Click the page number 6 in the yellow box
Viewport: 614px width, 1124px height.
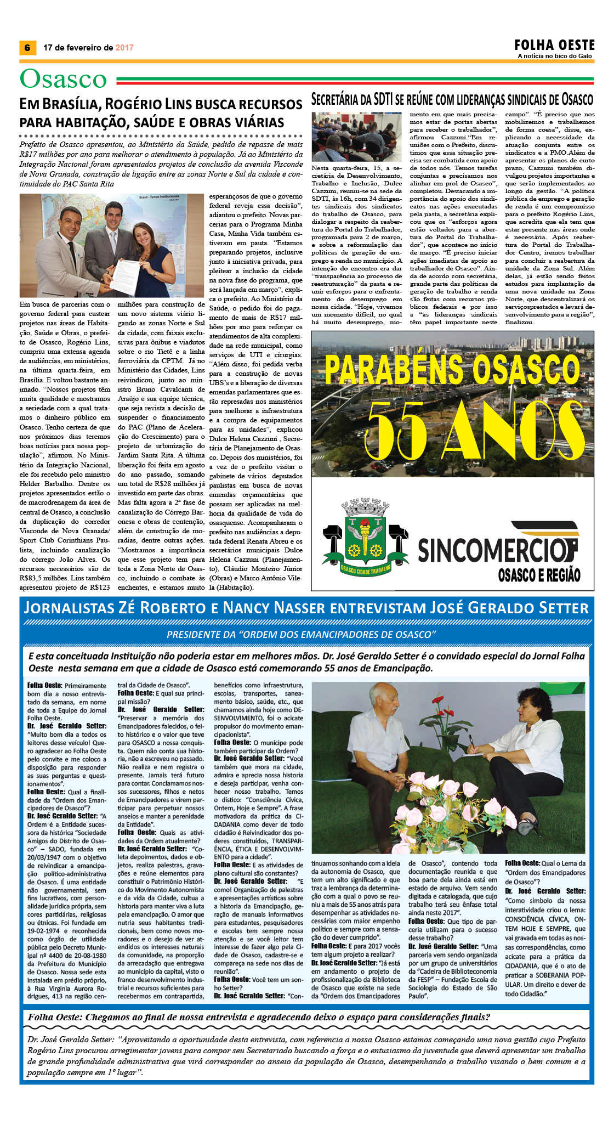(x=27, y=48)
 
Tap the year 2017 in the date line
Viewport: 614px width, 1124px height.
(x=124, y=48)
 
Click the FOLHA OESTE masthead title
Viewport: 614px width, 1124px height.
(x=554, y=45)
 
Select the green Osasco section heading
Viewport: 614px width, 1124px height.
(x=63, y=79)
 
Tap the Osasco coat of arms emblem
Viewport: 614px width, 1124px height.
(x=364, y=537)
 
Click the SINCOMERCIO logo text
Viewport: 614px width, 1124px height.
(x=497, y=549)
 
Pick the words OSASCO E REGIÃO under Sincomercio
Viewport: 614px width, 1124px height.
(x=538, y=575)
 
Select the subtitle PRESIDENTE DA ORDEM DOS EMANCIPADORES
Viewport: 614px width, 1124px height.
(x=301, y=634)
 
